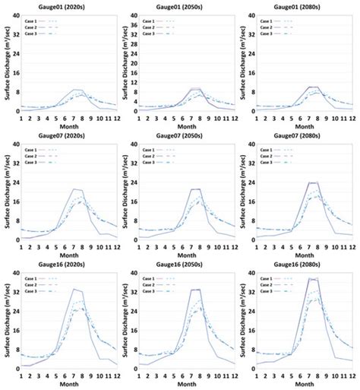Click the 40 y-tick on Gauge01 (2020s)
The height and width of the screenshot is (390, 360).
click(14, 16)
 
